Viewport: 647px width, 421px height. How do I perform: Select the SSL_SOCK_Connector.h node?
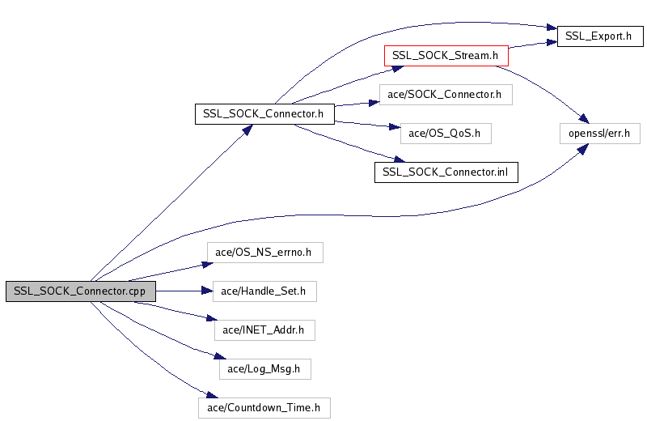264,114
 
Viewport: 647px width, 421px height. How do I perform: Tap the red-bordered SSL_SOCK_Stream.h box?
445,56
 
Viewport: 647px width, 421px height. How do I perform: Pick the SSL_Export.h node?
599,36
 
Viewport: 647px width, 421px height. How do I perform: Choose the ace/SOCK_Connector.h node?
445,95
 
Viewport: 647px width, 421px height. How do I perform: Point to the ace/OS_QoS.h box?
446,134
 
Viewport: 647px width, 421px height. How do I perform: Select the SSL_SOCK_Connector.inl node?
446,172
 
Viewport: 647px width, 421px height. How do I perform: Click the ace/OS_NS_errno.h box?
264,253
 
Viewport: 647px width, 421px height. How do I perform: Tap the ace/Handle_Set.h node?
264,291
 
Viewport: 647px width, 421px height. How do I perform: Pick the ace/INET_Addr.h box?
264,330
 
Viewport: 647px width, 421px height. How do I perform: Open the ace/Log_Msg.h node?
264,369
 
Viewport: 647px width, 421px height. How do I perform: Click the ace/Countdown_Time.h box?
264,408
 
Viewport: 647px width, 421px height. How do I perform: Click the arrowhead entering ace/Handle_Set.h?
208,291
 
